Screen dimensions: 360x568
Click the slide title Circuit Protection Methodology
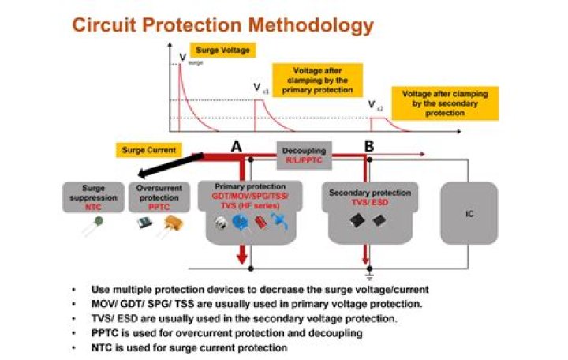(x=222, y=24)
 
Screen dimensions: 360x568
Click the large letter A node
(x=235, y=146)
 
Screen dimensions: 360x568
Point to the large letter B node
(x=368, y=146)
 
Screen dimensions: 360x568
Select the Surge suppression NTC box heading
(x=93, y=197)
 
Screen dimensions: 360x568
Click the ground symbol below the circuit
(x=368, y=276)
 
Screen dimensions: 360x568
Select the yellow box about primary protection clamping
(x=316, y=80)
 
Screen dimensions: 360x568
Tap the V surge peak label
(x=185, y=58)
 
